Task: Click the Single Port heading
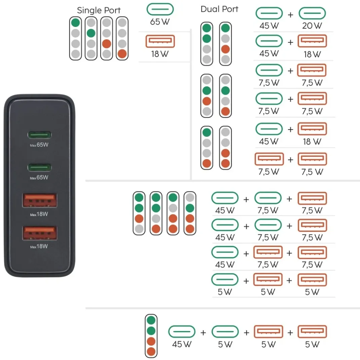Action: [x=99, y=10]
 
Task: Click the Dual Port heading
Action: [x=219, y=9]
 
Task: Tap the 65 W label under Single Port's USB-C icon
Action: [x=160, y=22]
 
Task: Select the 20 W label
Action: [x=312, y=26]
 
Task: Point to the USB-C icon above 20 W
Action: [x=312, y=13]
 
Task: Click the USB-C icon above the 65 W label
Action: [x=160, y=9]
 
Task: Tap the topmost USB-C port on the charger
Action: [x=39, y=135]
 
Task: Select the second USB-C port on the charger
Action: [x=39, y=167]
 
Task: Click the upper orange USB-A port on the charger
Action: [x=39, y=200]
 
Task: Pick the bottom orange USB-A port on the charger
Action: [x=39, y=233]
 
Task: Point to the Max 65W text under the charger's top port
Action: [x=39, y=145]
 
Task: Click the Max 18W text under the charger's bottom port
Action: [x=39, y=246]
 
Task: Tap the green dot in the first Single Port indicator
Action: [x=76, y=23]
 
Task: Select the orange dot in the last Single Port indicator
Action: [x=122, y=54]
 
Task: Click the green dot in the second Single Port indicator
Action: [x=91, y=33]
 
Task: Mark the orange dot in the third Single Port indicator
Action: [x=107, y=44]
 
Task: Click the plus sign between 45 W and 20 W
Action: [x=290, y=15]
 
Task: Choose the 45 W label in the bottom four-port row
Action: [x=182, y=344]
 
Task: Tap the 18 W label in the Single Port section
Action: [x=160, y=54]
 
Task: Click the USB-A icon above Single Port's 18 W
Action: [x=160, y=41]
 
